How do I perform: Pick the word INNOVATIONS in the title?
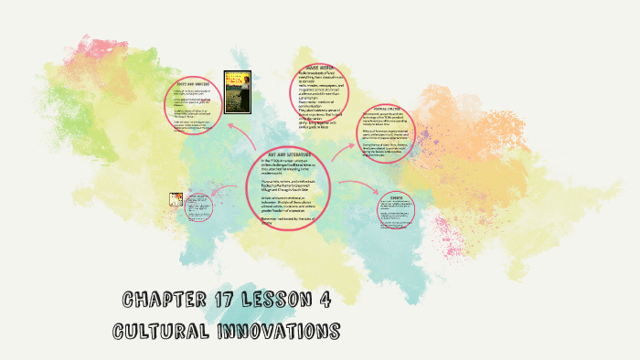[278, 330]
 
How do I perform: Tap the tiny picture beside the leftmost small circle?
[176, 200]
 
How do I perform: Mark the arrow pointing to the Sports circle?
[361, 187]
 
